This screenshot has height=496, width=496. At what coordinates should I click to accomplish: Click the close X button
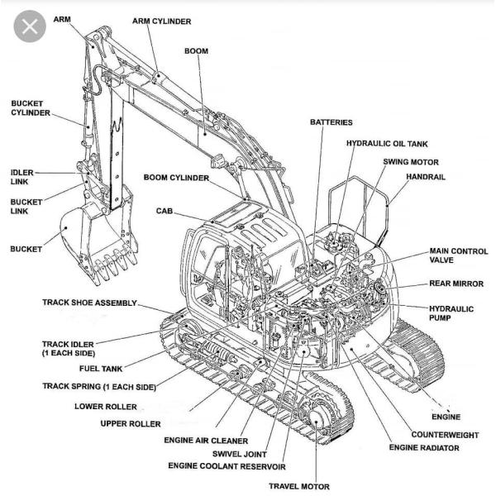[x=31, y=27]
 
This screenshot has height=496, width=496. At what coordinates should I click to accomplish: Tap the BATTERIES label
[x=331, y=122]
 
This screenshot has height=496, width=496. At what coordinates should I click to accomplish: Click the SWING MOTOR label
[x=411, y=162]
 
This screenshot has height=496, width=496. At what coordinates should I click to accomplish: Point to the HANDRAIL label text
[x=427, y=178]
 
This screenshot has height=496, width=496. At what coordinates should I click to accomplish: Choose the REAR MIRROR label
[x=455, y=284]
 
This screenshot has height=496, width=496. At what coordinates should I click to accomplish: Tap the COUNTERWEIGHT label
[x=445, y=434]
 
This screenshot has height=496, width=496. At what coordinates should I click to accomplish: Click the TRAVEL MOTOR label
[x=298, y=486]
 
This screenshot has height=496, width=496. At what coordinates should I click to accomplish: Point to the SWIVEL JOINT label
[x=239, y=453]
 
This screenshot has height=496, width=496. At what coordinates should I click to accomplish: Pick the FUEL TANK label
[x=101, y=369]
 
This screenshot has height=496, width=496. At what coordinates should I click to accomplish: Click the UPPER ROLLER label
[x=131, y=424]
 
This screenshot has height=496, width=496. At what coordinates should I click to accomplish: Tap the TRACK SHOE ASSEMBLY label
[x=89, y=303]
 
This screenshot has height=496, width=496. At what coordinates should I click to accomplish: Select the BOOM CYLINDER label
[x=176, y=178]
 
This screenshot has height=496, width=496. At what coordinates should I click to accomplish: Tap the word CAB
[x=165, y=211]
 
